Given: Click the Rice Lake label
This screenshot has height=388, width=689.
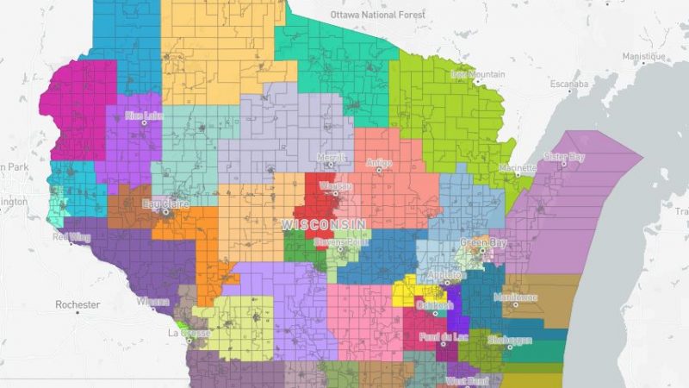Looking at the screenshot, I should (144, 115).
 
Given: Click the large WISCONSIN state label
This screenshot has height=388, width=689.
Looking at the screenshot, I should (323, 223).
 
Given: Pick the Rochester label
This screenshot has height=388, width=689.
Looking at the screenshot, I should (78, 304).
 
